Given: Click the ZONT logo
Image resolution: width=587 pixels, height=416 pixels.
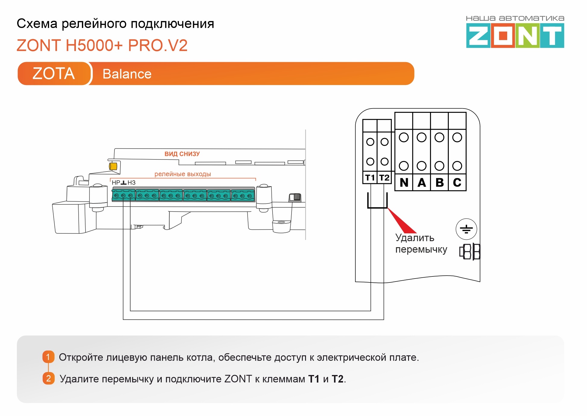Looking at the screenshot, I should (515, 36).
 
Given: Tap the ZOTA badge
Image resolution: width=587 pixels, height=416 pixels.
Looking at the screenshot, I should (54, 74).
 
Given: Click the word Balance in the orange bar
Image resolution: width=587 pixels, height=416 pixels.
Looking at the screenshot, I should (127, 74).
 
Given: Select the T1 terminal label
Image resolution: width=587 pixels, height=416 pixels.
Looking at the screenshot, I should (370, 178).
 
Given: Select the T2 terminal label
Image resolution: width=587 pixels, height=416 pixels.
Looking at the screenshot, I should (384, 178).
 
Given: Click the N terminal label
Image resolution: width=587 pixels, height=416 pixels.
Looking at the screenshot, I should (404, 182).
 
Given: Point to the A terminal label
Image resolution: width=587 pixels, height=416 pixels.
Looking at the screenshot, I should (422, 182).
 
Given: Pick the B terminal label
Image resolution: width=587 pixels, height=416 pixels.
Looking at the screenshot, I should (439, 182).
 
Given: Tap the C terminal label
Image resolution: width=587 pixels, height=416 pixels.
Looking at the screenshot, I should (457, 182).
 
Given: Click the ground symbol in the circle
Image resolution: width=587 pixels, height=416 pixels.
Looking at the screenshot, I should (466, 229).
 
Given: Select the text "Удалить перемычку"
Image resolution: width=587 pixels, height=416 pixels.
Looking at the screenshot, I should (421, 244).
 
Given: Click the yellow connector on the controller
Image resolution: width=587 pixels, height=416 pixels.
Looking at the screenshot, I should (113, 166).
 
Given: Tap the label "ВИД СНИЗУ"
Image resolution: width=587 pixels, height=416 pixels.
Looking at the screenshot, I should (182, 154).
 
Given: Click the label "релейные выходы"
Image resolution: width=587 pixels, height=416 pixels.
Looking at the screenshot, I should (183, 174).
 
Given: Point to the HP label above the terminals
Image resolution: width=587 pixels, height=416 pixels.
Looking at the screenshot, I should (116, 183).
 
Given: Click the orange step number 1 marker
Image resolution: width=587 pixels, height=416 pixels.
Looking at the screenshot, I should (48, 357).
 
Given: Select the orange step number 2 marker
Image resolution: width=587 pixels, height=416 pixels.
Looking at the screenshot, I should (48, 378).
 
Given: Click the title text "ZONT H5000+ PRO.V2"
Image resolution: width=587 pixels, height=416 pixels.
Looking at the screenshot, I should (102, 46).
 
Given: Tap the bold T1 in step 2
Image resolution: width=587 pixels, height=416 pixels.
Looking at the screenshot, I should (314, 379).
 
